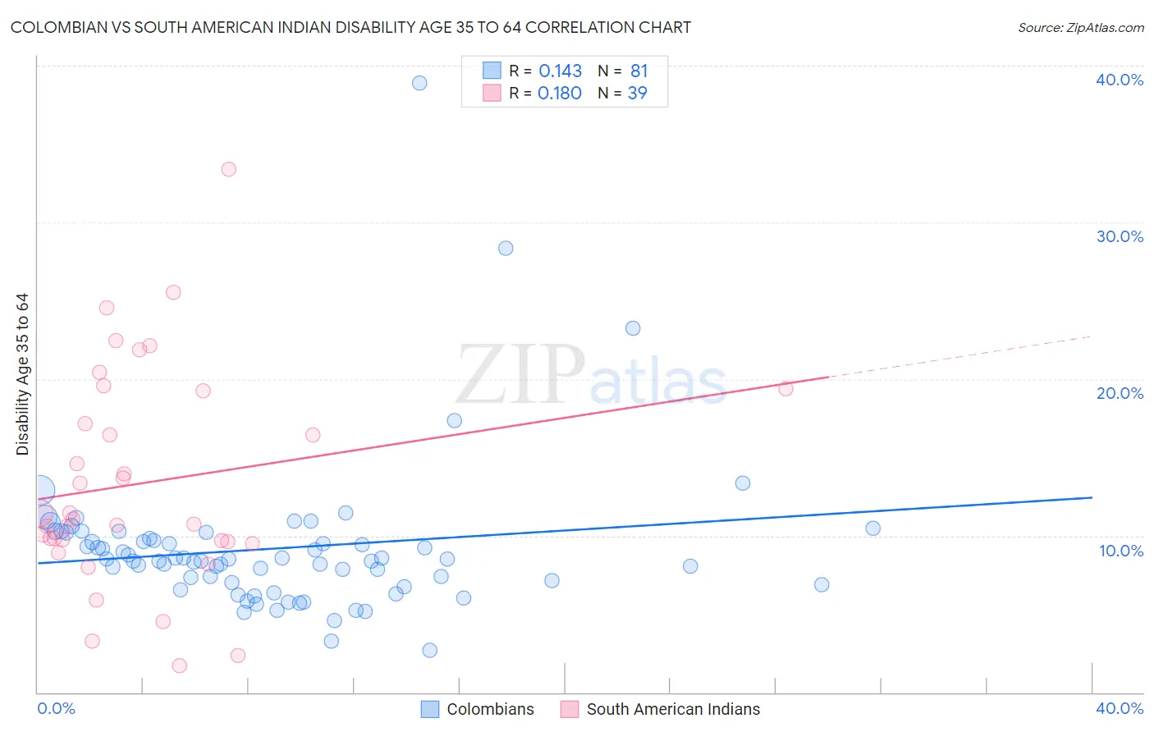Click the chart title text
tap(350, 28)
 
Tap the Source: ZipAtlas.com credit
tap(1080, 28)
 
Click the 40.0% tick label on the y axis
tap(1120, 80)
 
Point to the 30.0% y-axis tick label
tap(1120, 236)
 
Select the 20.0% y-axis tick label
tap(1120, 393)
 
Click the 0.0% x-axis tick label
tap(56, 708)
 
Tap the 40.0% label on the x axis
tap(1120, 708)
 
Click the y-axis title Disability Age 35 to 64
tap(22, 374)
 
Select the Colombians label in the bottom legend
tap(490, 709)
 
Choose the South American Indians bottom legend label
tap(673, 709)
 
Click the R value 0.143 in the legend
tap(560, 71)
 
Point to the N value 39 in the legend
tap(637, 94)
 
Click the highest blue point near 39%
tap(419, 83)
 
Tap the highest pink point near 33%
tap(229, 169)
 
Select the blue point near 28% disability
tap(506, 248)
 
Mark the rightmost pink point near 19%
tap(785, 389)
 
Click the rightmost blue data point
tap(872, 528)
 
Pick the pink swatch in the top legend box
tap(492, 93)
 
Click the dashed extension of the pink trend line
tap(960, 356)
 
